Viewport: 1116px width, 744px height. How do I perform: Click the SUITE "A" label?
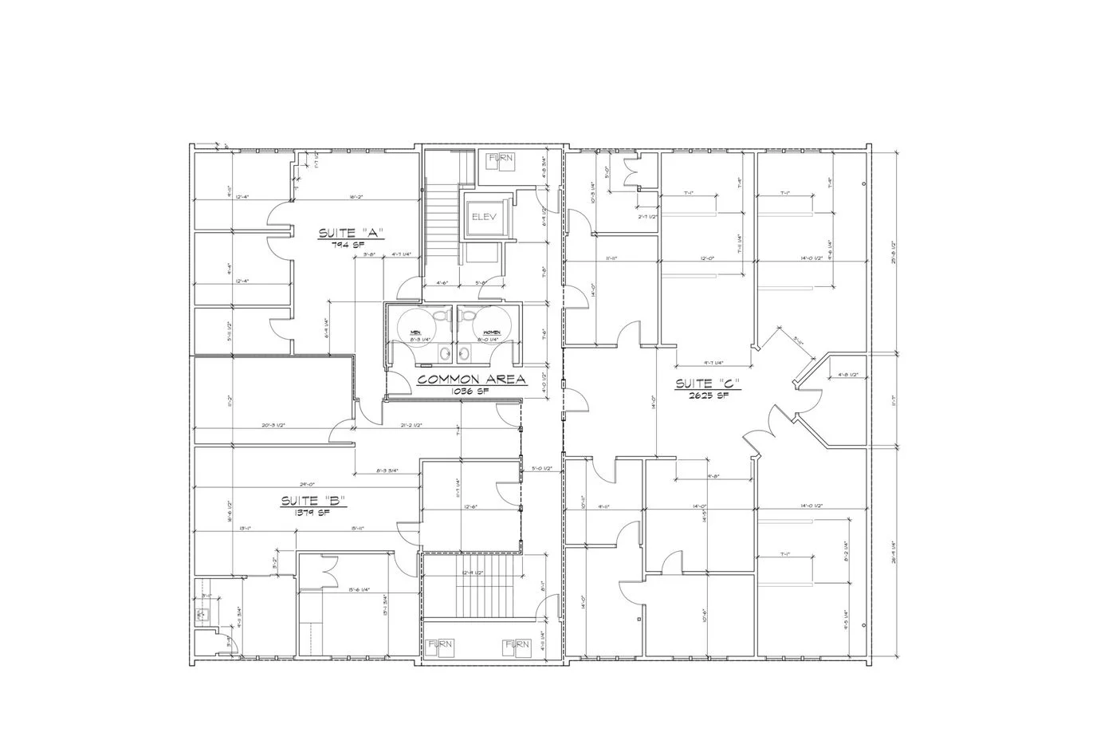[351, 234]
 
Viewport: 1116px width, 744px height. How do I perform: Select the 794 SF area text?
[351, 245]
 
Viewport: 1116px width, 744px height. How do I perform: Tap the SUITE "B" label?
[312, 502]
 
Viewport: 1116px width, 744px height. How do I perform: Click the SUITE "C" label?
[708, 384]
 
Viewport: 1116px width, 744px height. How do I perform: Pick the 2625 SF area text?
[708, 395]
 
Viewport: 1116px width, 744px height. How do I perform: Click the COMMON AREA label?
[471, 380]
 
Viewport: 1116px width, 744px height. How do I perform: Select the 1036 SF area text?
[470, 392]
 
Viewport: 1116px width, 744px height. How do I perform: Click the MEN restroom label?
[415, 333]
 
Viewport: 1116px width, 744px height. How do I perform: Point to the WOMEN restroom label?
[491, 333]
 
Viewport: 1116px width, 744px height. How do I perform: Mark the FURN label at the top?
[501, 159]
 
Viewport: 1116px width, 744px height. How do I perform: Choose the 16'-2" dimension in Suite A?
[356, 196]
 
